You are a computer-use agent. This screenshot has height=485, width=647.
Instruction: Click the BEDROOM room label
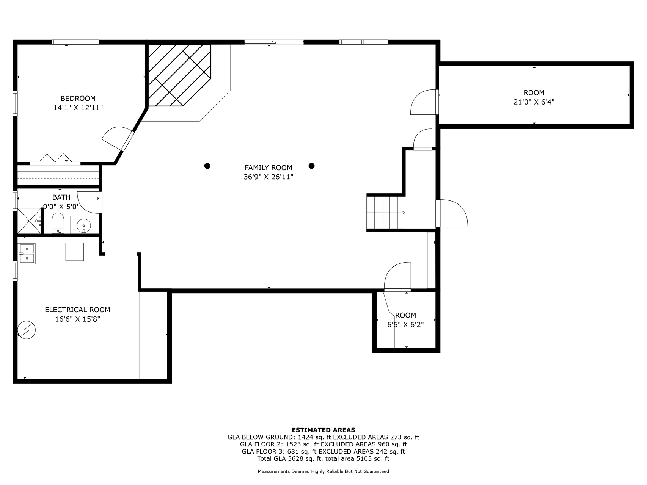(x=78, y=99)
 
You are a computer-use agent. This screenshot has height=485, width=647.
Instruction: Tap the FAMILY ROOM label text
(x=269, y=167)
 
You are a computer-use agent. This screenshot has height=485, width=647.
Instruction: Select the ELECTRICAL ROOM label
(x=77, y=310)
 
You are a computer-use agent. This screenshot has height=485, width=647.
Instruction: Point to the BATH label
(x=61, y=197)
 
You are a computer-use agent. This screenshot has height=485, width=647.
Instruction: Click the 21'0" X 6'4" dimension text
(x=534, y=102)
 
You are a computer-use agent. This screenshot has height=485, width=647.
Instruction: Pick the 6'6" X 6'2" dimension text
(x=405, y=324)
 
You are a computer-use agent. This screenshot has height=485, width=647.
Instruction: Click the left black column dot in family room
(x=207, y=166)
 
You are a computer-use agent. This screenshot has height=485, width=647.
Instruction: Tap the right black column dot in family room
(x=311, y=166)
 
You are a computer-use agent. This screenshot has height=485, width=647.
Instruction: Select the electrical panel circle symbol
(x=27, y=330)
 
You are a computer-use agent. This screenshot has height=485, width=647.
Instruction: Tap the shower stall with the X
(x=29, y=221)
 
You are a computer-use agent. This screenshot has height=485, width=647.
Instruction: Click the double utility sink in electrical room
(x=27, y=253)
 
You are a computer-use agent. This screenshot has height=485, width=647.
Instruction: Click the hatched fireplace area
(x=179, y=75)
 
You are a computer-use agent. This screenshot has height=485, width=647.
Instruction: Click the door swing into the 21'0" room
(x=424, y=102)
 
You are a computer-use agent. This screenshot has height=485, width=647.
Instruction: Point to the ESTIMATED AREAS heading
(x=323, y=430)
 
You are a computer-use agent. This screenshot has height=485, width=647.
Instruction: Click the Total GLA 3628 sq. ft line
(x=323, y=458)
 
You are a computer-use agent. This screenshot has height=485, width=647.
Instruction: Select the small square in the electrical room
(x=75, y=252)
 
